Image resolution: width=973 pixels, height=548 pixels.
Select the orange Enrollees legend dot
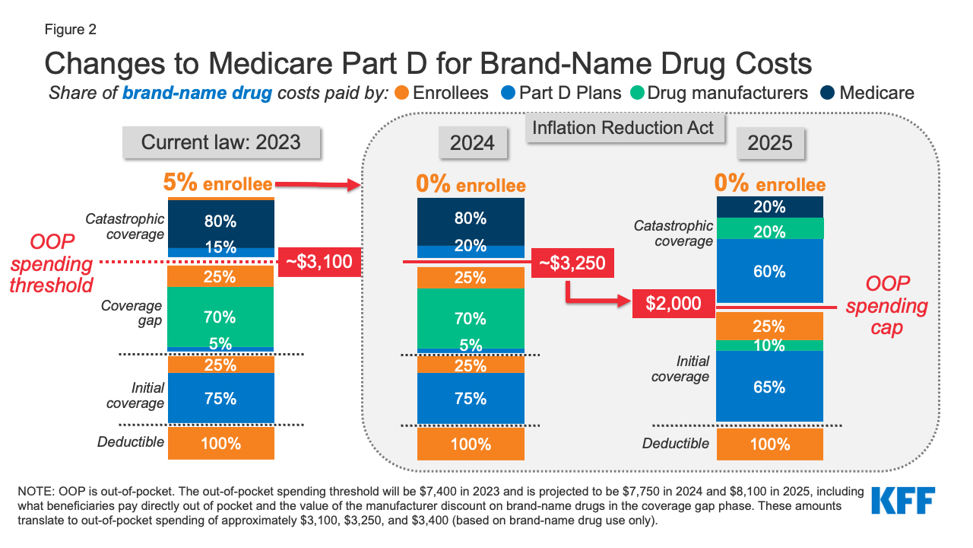click(403, 94)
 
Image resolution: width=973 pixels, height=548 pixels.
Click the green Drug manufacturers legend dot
click(636, 94)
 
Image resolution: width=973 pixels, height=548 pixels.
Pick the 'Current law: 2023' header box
click(220, 142)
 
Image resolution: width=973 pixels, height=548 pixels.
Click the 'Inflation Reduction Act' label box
click(623, 127)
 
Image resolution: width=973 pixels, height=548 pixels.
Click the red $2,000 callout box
click(673, 304)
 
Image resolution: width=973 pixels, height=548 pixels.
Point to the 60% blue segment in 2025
click(769, 271)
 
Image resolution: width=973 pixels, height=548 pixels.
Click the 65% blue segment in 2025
click(769, 386)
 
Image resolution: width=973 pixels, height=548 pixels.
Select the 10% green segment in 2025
click(769, 346)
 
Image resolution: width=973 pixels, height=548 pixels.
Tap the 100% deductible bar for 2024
click(471, 444)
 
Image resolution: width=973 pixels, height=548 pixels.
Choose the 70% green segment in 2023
click(220, 317)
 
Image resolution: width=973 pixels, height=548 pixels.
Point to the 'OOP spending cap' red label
click(886, 306)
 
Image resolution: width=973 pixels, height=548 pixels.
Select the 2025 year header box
click(769, 142)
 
